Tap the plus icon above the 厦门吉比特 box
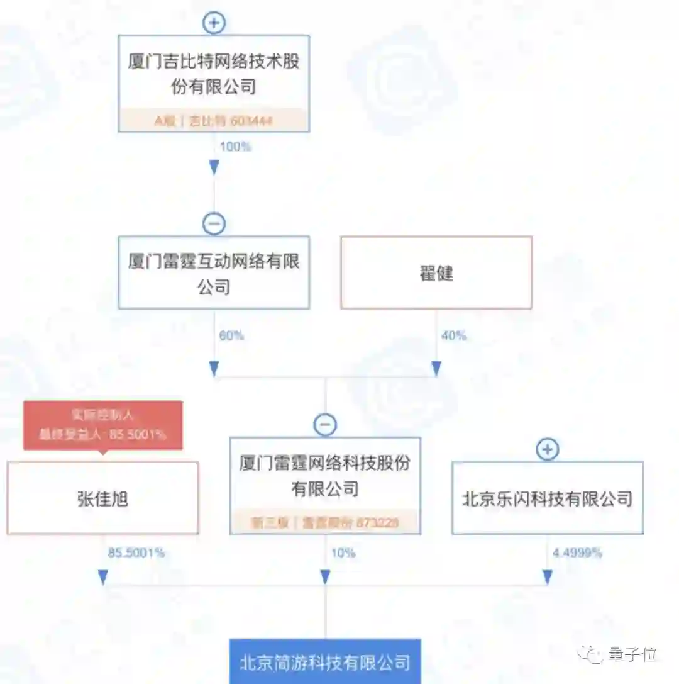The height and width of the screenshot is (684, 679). (214, 23)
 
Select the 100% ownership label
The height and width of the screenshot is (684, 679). (235, 147)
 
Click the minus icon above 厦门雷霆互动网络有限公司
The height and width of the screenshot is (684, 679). (214, 224)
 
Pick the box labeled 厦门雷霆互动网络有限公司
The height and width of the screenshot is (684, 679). (214, 272)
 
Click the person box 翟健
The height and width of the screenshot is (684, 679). (436, 272)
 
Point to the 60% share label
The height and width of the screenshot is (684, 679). (231, 336)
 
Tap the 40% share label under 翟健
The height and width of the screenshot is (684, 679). (453, 336)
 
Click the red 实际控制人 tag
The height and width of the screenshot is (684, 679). (103, 425)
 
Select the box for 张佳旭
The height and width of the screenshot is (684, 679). (103, 498)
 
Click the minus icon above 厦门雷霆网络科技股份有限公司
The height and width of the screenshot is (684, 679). (325, 425)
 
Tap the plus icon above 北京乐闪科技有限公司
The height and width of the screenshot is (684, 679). (548, 449)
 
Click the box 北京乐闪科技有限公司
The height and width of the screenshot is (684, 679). (548, 498)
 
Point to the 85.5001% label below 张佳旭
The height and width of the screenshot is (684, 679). (136, 554)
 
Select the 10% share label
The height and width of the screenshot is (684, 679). (343, 554)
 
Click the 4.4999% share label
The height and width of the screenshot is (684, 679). (577, 554)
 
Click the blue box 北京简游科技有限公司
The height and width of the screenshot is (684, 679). (325, 662)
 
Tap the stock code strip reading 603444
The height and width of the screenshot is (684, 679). (214, 121)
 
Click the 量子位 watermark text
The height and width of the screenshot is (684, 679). (632, 654)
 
